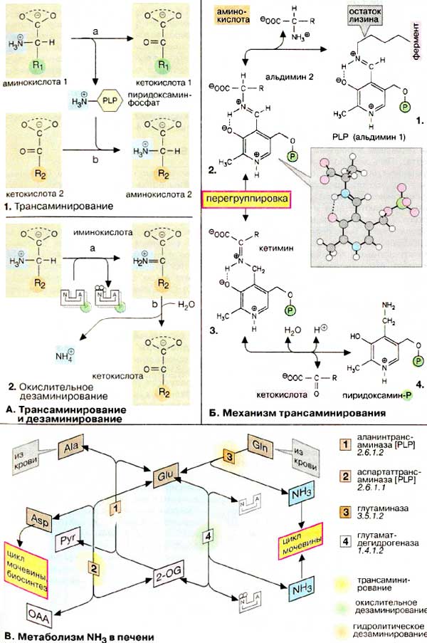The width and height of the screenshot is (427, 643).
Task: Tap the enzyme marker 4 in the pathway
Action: (209, 533)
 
